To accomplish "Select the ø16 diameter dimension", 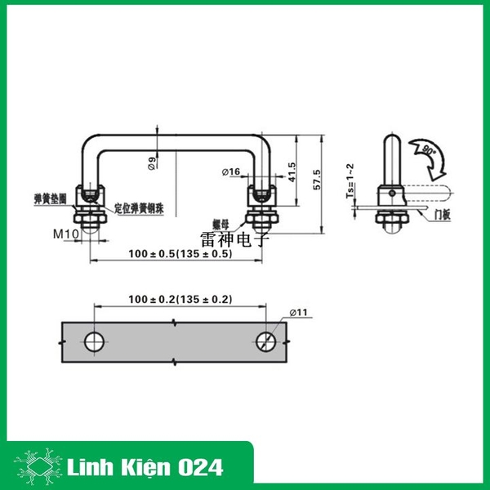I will pyautogui.click(x=231, y=172).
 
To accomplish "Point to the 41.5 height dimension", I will pyautogui.click(x=292, y=171).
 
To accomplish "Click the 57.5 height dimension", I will pyautogui.click(x=317, y=179).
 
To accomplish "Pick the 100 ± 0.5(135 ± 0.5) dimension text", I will pyautogui.click(x=180, y=254).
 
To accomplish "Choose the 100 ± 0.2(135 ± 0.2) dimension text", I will pyautogui.click(x=180, y=299).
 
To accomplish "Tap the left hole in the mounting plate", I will pyautogui.click(x=95, y=341).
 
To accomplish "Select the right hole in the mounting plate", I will pyautogui.click(x=266, y=341).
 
